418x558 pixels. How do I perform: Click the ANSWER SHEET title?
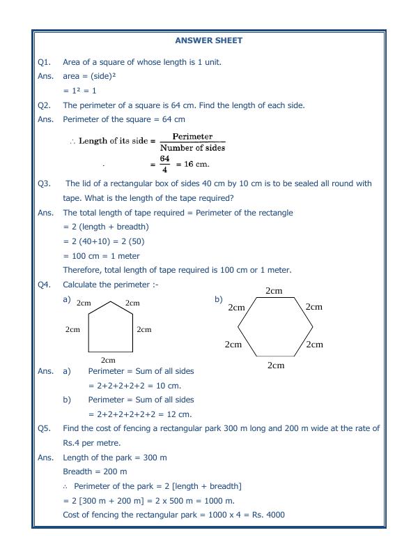point(209,40)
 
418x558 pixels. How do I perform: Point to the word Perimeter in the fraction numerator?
point(192,137)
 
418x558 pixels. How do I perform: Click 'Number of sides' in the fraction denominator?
point(192,148)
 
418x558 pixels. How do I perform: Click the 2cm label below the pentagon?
point(108,360)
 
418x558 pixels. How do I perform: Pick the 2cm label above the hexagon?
point(274,291)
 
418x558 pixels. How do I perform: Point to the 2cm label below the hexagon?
point(276,365)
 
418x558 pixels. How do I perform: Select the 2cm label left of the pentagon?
point(72,329)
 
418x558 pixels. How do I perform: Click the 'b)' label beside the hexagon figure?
point(218,299)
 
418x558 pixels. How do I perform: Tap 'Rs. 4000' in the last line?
point(267,515)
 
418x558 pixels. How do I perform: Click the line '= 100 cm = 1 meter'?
point(101,256)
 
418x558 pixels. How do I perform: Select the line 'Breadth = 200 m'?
point(95,472)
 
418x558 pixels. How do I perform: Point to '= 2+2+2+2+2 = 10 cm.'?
point(134,386)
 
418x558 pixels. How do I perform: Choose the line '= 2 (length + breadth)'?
point(106,227)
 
